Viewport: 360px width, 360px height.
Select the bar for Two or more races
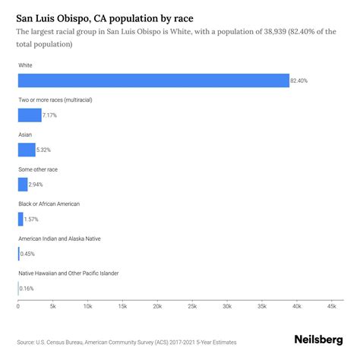click(x=30, y=115)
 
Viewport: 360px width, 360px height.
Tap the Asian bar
click(x=27, y=150)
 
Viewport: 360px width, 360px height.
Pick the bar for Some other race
click(x=23, y=184)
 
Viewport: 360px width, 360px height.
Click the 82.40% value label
click(x=300, y=81)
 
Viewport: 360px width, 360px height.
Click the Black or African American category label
click(x=49, y=204)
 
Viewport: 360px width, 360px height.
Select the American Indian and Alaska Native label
click(x=59, y=238)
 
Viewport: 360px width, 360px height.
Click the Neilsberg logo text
click(x=318, y=340)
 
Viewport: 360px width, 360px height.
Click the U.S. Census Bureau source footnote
click(x=109, y=342)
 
